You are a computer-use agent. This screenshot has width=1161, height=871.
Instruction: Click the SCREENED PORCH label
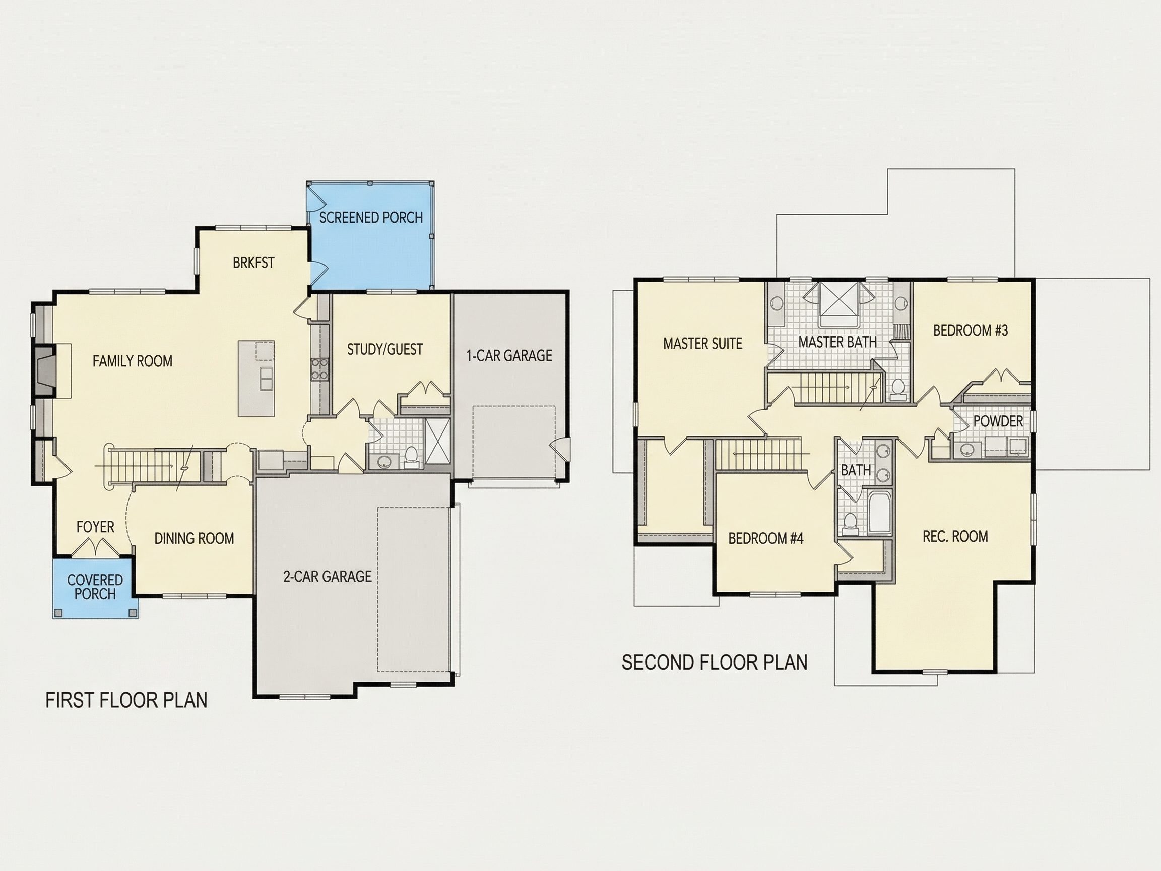pyautogui.click(x=371, y=217)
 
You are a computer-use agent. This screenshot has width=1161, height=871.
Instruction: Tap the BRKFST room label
pyautogui.click(x=253, y=263)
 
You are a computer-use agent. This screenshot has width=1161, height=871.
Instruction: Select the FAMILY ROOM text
pyautogui.click(x=132, y=361)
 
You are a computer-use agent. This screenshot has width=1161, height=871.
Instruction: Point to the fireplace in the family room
pyautogui.click(x=46, y=369)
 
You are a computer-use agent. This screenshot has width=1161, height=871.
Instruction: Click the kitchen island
pyautogui.click(x=256, y=379)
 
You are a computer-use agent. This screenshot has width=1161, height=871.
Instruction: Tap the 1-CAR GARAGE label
pyautogui.click(x=509, y=356)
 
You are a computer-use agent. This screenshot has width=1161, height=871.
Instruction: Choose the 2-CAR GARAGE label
pyautogui.click(x=328, y=577)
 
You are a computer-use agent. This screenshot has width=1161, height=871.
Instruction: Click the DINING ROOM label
pyautogui.click(x=194, y=539)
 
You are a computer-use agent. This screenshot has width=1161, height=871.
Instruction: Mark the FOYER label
pyautogui.click(x=95, y=527)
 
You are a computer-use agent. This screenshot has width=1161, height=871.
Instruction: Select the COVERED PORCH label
pyautogui.click(x=95, y=587)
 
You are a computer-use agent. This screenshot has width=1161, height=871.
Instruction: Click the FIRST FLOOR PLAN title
pyautogui.click(x=126, y=700)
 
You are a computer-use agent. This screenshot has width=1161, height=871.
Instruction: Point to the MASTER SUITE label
pyautogui.click(x=703, y=344)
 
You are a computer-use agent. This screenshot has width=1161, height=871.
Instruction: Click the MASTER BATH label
pyautogui.click(x=837, y=342)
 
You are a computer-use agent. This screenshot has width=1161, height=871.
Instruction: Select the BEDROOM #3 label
pyautogui.click(x=971, y=330)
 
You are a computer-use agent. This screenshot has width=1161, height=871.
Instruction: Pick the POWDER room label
pyautogui.click(x=998, y=421)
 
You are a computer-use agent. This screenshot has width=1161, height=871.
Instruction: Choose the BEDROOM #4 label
pyautogui.click(x=766, y=539)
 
